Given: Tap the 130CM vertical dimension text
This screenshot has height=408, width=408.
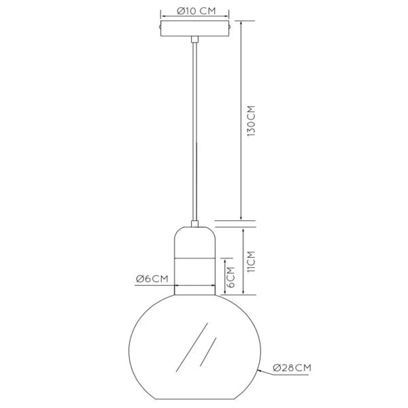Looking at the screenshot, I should pyautogui.click(x=250, y=120).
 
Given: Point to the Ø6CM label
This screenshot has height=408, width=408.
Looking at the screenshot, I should pyautogui.click(x=151, y=279).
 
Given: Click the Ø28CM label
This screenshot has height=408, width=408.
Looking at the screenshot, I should pyautogui.click(x=292, y=368).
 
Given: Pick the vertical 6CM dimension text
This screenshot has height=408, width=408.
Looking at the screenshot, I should pyautogui.click(x=230, y=278).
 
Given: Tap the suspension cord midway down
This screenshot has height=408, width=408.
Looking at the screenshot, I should pyautogui.click(x=194, y=129).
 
